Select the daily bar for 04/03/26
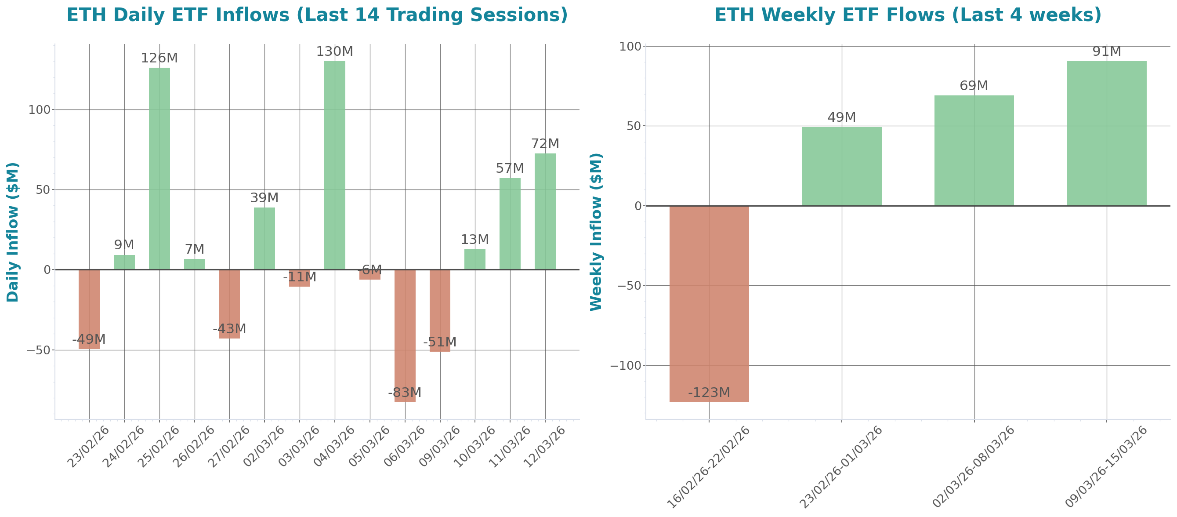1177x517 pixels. pos(335,165)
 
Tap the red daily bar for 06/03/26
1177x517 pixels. pos(405,336)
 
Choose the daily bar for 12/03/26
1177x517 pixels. pos(545,211)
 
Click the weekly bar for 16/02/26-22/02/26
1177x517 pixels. pos(709,304)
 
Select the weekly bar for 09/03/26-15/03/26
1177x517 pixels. pos(1107,133)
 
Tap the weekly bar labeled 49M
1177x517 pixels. pos(842,166)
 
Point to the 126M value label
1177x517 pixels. pos(159,58)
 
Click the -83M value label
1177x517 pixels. pos(405,393)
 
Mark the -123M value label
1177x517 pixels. pos(709,393)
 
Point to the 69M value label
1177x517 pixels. pos(974,85)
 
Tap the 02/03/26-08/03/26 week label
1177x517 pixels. pos(974,466)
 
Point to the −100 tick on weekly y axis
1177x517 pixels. pos(626,366)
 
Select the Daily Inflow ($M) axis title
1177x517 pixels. pos(13,232)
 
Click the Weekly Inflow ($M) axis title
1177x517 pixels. pos(596,232)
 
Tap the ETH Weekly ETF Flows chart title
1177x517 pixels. pos(908,15)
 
